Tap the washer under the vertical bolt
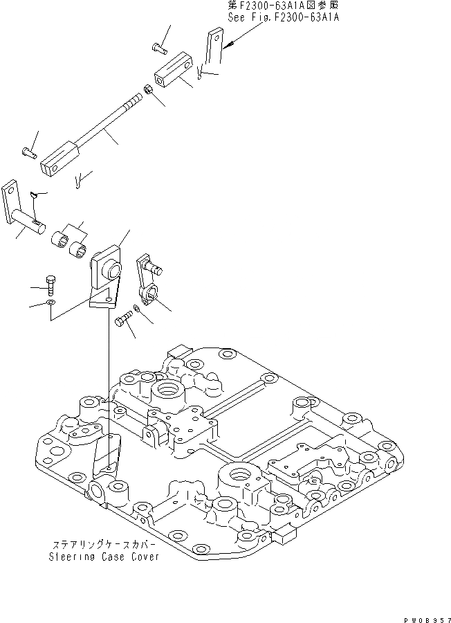[x=50, y=303]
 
